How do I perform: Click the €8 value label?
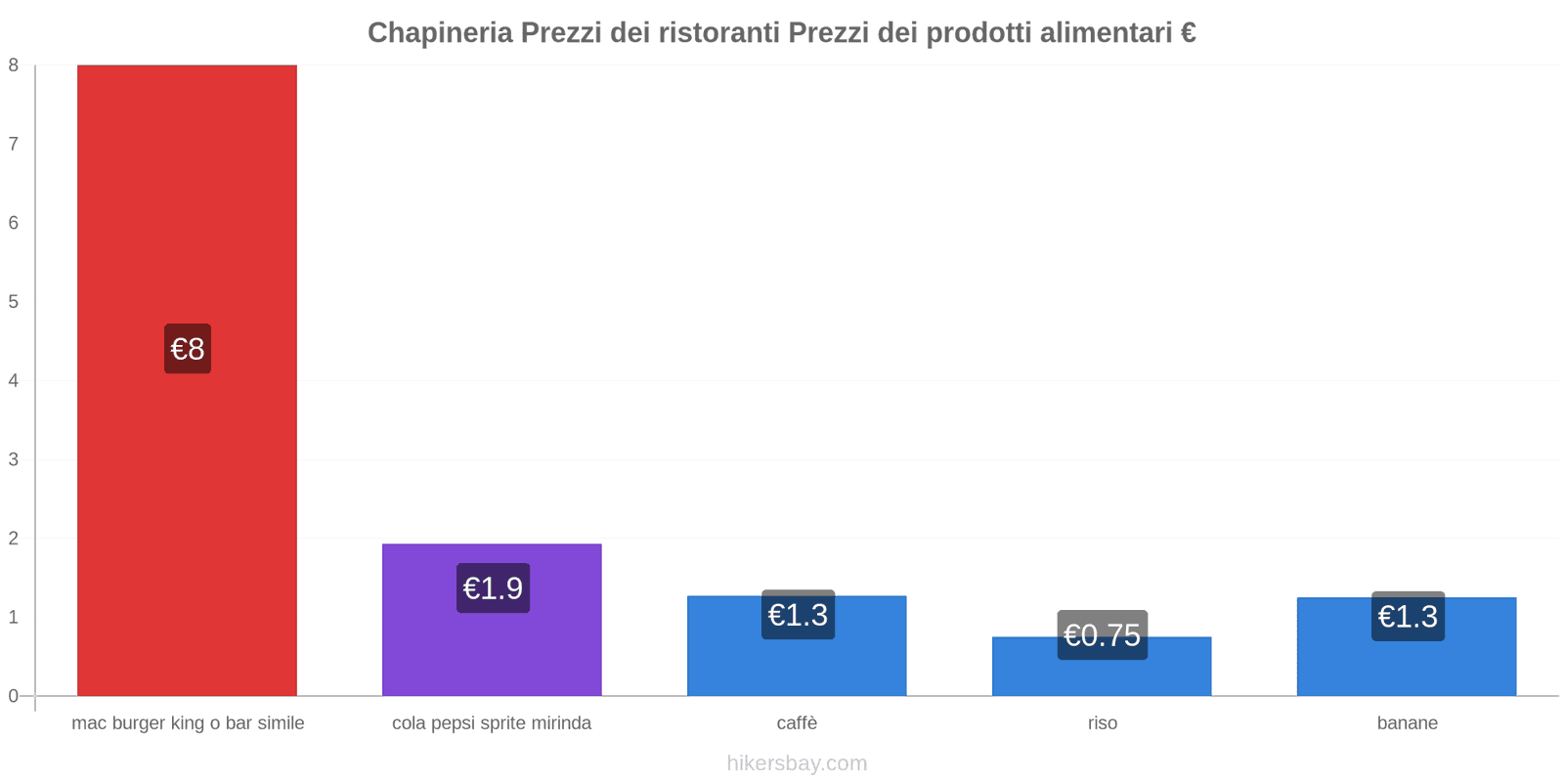(x=188, y=349)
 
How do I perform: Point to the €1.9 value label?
(x=493, y=588)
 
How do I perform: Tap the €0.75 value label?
(x=1102, y=635)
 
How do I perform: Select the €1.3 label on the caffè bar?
(x=798, y=615)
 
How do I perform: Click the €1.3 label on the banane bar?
(x=1408, y=617)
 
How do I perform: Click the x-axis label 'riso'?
(x=1102, y=723)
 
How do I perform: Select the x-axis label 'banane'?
(x=1407, y=723)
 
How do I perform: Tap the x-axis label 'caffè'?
(x=797, y=723)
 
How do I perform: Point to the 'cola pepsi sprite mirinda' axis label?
(x=492, y=723)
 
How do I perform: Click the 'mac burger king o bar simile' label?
(x=188, y=723)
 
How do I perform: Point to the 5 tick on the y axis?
(x=14, y=302)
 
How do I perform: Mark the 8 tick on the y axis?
(x=14, y=65)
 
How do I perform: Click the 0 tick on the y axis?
(x=14, y=696)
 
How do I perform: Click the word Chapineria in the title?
(x=440, y=33)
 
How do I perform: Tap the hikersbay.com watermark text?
(x=797, y=763)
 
